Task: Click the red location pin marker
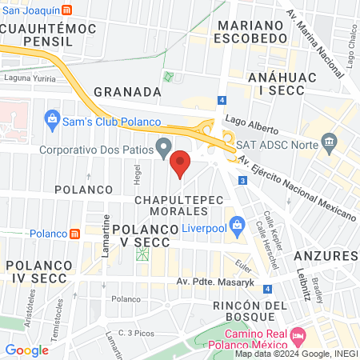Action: pos(181,162)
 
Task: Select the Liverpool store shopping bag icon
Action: pos(237,226)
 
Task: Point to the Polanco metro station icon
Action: pos(74,234)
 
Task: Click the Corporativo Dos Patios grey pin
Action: pos(164,147)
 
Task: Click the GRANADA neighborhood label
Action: pos(122,91)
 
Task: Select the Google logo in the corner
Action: pos(26,350)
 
